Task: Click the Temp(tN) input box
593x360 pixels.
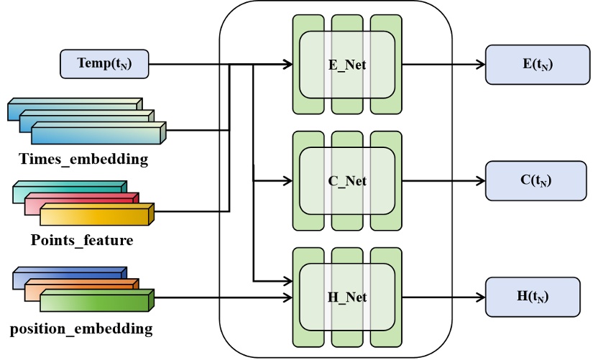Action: coord(105,65)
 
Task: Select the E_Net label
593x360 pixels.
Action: coord(346,65)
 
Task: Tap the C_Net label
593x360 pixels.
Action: coord(346,180)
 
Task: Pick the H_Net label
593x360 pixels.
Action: coord(346,297)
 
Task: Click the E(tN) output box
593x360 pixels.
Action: coord(537,64)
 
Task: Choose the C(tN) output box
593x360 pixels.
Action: coord(537,180)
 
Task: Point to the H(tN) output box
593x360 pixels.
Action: coord(537,296)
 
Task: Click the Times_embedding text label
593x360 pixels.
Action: coord(83,160)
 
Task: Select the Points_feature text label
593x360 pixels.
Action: coord(81,240)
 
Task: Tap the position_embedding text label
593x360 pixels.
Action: coord(81,330)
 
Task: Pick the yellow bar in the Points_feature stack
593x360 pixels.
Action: coord(93,217)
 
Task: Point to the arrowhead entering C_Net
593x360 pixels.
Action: coord(288,180)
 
